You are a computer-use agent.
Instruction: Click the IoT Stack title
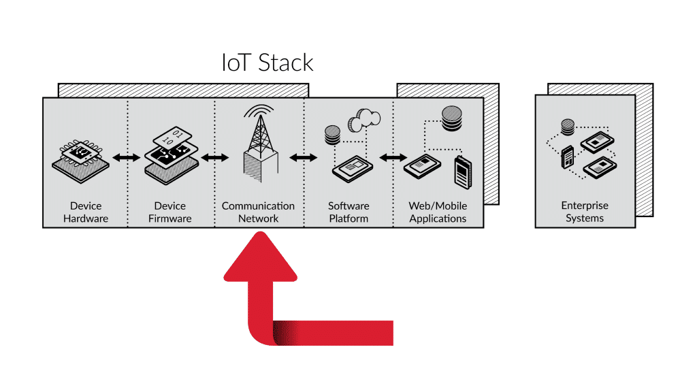coord(268,63)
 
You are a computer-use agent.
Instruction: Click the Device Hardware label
coord(86,212)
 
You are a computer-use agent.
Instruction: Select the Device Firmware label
coord(170,212)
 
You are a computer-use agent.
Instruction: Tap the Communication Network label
coord(258,212)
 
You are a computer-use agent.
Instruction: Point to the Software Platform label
coord(348,212)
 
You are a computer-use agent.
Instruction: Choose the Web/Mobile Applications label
coord(438,212)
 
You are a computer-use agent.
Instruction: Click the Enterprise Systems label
coord(585,212)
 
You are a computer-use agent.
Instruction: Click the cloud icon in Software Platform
coord(363,120)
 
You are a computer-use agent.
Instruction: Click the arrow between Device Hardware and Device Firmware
coord(126,158)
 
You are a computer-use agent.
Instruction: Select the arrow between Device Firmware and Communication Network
coord(214,158)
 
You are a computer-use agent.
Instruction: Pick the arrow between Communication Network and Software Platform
coord(303,158)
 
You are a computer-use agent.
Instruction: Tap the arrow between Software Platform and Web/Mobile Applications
coord(392,158)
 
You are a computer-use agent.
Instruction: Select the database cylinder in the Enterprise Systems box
coord(567,126)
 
